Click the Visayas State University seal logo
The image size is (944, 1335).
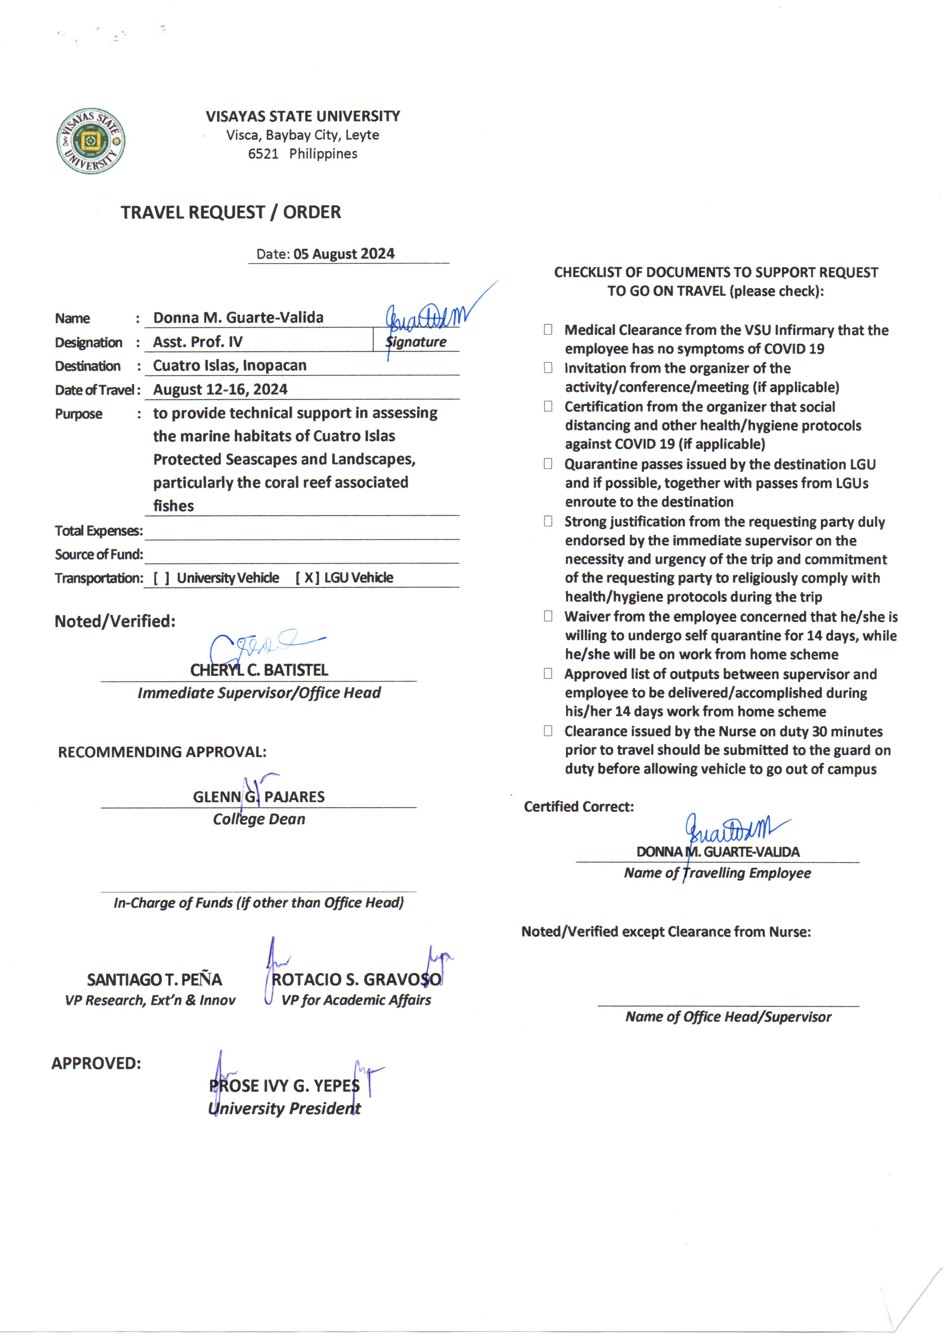click(90, 141)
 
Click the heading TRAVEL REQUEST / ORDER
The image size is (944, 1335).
click(231, 212)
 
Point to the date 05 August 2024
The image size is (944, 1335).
click(344, 254)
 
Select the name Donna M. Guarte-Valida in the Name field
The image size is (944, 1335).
click(238, 318)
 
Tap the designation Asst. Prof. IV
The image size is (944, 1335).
click(197, 342)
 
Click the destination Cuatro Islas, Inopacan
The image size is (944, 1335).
click(229, 366)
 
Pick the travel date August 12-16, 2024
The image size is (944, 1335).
click(220, 390)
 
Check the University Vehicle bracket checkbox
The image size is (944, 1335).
click(162, 578)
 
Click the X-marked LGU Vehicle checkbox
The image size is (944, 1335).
click(307, 578)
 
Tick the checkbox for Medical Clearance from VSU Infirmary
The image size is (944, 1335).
click(548, 330)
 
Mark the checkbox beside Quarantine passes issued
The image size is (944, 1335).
click(548, 464)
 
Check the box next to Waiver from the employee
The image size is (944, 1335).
click(548, 616)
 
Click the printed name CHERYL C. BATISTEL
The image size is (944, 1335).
click(259, 671)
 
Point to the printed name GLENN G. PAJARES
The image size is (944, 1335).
click(259, 797)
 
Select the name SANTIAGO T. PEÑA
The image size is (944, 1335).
click(154, 980)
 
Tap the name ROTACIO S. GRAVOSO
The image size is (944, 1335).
click(356, 980)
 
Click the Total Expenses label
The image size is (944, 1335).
click(98, 531)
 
